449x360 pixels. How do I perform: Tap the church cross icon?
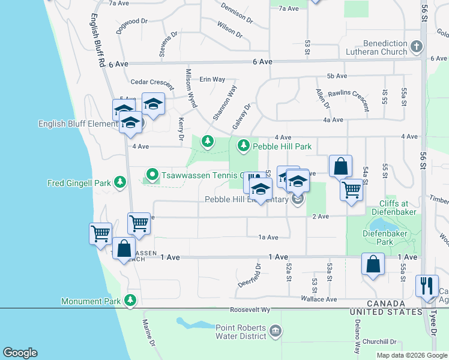(x=416, y=45)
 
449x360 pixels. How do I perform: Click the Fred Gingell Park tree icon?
(x=120, y=181)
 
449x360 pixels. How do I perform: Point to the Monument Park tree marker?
(x=130, y=301)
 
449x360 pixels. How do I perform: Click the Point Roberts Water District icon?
(x=275, y=331)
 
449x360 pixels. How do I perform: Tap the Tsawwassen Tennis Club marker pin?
(x=152, y=175)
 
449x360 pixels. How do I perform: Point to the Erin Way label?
(x=212, y=79)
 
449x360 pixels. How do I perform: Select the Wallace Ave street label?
(x=323, y=299)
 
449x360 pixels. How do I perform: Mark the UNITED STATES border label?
(x=387, y=312)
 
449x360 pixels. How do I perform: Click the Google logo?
(x=21, y=353)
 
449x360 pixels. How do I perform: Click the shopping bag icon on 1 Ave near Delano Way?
(x=373, y=264)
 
